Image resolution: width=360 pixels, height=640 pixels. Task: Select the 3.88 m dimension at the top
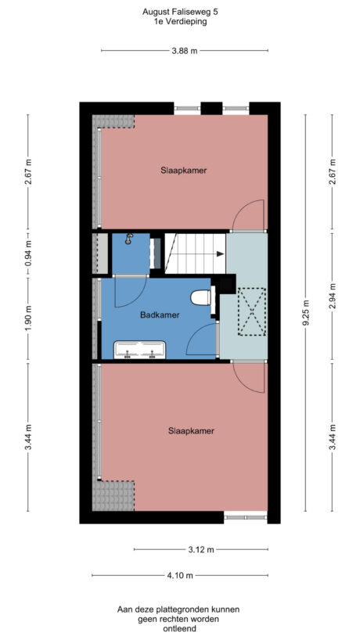(x=184, y=51)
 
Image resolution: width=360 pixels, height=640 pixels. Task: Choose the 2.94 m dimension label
(x=332, y=297)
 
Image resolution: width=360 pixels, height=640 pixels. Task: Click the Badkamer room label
(x=160, y=315)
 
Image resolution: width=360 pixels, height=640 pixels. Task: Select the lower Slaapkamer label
(x=191, y=430)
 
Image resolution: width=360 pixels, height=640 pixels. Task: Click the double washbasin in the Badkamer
(x=140, y=349)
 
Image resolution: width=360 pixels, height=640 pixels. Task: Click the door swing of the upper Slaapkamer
(x=251, y=216)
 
